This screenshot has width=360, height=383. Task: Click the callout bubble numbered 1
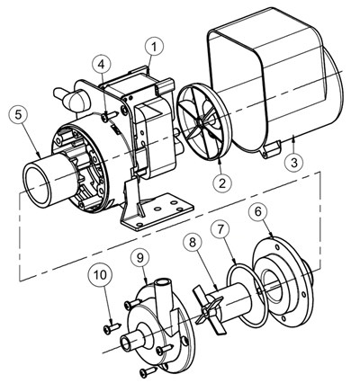[x=155, y=47]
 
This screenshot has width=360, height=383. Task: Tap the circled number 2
[x=222, y=183]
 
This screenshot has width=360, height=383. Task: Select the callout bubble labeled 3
[x=294, y=163]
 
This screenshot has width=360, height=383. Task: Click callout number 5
[x=19, y=116]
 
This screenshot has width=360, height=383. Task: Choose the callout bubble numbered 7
[x=220, y=229]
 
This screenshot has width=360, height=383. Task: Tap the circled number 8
[x=193, y=243]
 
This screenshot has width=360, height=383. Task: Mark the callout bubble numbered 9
[x=140, y=258]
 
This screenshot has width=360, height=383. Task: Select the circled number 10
[x=101, y=275]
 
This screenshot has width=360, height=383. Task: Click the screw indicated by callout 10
[x=112, y=328]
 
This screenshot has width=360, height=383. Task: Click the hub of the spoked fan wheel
[x=199, y=122]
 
